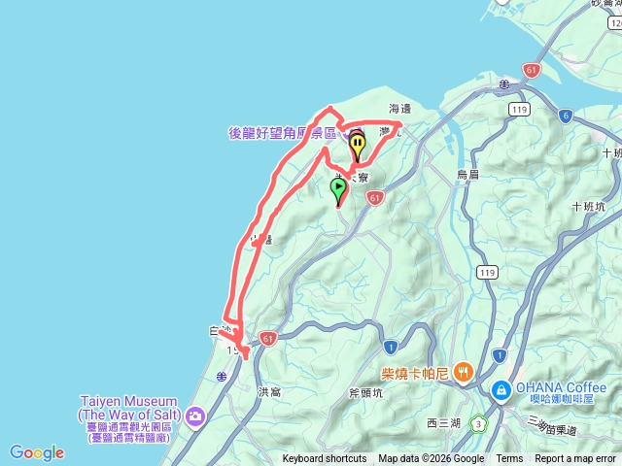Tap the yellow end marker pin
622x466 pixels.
[358, 147]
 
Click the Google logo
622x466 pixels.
[37, 452]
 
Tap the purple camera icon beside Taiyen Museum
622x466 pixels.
[196, 417]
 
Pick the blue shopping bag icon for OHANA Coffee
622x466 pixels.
[501, 391]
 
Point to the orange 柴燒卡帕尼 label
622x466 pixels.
[415, 371]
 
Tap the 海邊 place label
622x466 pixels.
[400, 109]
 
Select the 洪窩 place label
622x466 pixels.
[269, 392]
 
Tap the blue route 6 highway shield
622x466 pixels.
[565, 116]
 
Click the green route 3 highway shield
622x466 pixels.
[478, 423]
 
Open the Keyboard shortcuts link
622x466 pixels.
[325, 459]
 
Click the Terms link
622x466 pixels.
[509, 459]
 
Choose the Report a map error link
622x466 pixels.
[577, 459]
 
